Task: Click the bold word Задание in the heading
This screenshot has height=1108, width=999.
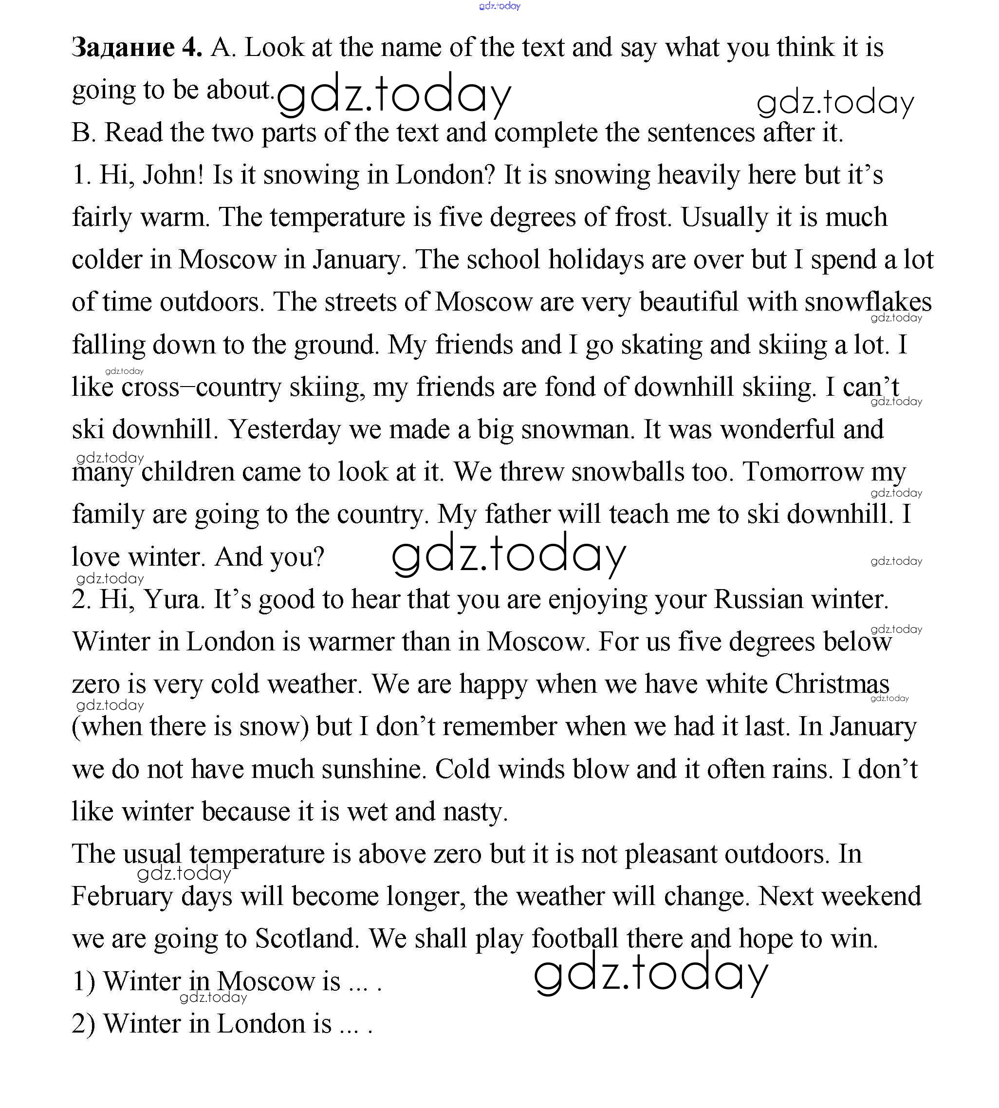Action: tap(123, 48)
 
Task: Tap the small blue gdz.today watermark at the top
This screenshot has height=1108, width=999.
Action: tap(499, 6)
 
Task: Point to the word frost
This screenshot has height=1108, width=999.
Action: tap(643, 217)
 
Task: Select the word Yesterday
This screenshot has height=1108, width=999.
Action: tap(284, 429)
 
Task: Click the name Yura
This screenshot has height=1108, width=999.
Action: tap(174, 599)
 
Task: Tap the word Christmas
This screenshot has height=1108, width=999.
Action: tap(832, 684)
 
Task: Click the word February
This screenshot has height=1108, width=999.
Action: tap(122, 897)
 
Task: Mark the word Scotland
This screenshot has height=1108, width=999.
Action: tap(307, 939)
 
